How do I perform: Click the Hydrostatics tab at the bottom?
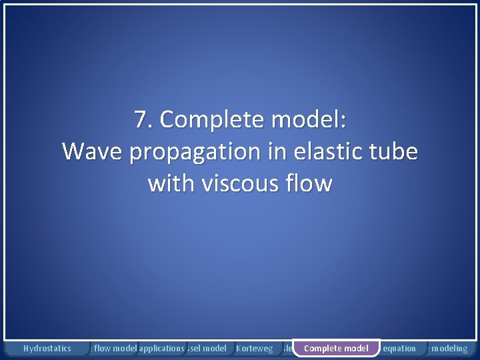coord(47,348)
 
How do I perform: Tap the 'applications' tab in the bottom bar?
coord(161,348)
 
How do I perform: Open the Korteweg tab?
coord(255,348)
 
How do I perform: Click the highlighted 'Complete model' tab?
coord(336,348)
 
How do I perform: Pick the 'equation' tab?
coord(399,348)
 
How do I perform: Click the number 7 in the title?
coord(140,121)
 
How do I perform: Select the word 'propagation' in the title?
coord(198,153)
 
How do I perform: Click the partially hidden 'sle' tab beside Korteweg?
coord(286,348)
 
